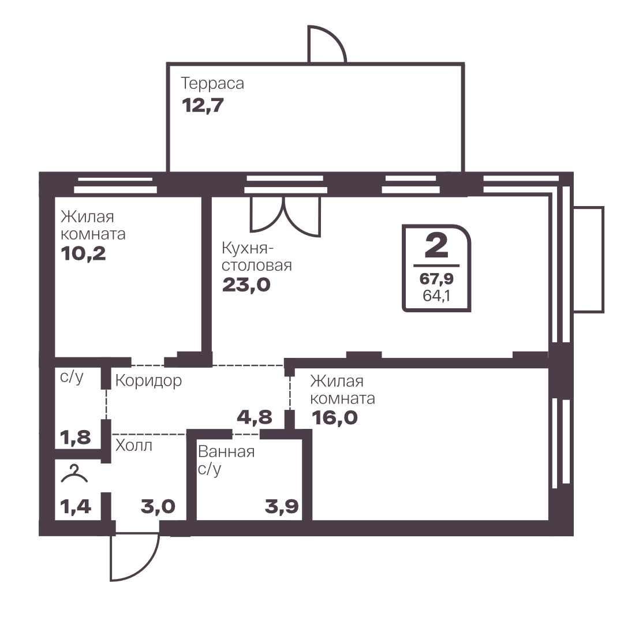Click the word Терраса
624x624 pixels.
click(x=212, y=84)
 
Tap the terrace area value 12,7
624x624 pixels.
click(x=203, y=106)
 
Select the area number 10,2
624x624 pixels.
click(x=84, y=253)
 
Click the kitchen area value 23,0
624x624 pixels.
click(x=246, y=285)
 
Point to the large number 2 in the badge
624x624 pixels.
click(x=436, y=245)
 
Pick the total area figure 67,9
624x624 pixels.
click(x=436, y=279)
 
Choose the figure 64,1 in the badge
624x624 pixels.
click(x=436, y=296)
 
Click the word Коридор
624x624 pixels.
click(x=148, y=381)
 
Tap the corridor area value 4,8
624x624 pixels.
click(x=255, y=417)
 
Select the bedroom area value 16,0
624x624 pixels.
click(x=335, y=418)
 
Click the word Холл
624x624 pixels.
click(x=134, y=446)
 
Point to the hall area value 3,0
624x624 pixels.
click(x=158, y=507)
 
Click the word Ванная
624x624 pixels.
click(x=226, y=452)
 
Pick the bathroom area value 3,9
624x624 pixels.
click(x=282, y=507)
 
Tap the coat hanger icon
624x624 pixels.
click(x=74, y=474)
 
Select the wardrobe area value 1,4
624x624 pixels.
click(x=76, y=507)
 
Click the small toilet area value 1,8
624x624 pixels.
click(x=76, y=438)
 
